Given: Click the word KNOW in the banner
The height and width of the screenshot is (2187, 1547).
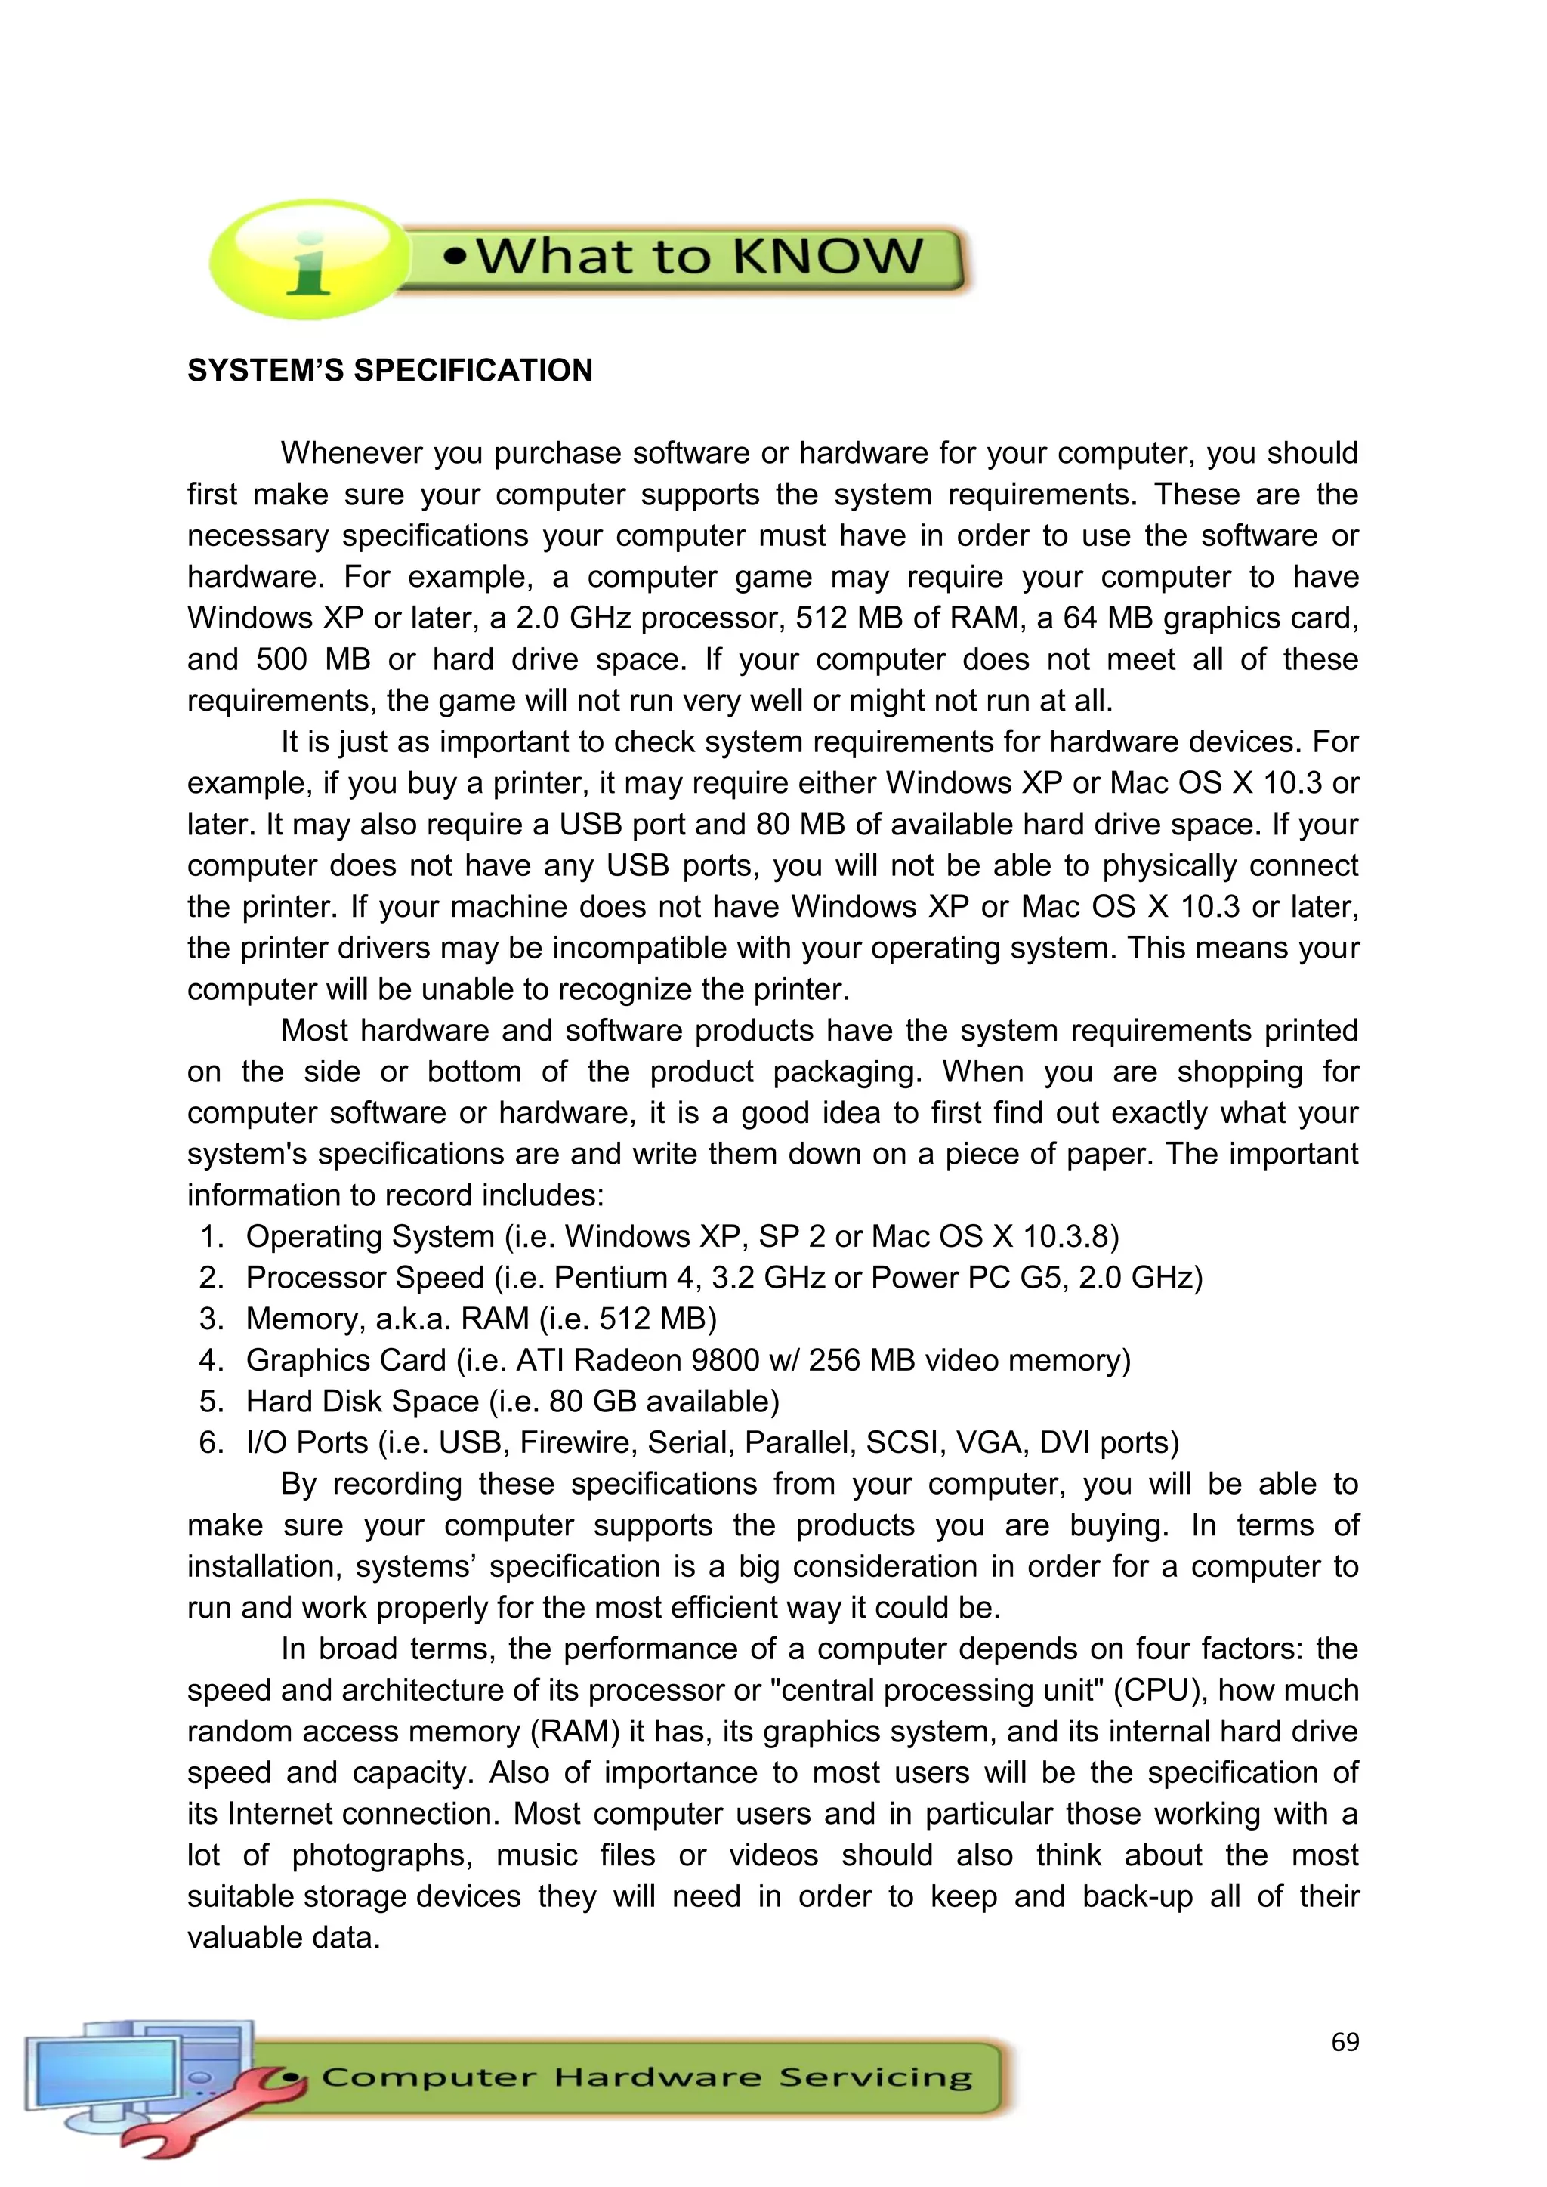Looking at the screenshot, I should [x=828, y=258].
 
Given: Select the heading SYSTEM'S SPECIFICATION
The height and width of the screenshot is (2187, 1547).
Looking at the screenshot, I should [x=390, y=371].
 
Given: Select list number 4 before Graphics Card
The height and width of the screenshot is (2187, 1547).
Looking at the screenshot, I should [x=211, y=1360].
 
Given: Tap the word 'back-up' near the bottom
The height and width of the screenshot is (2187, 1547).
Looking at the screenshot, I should [x=1138, y=1896].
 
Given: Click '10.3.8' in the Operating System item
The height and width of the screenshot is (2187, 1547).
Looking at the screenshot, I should [x=1065, y=1236].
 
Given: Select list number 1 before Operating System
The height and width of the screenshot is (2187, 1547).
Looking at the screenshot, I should [x=211, y=1236].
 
